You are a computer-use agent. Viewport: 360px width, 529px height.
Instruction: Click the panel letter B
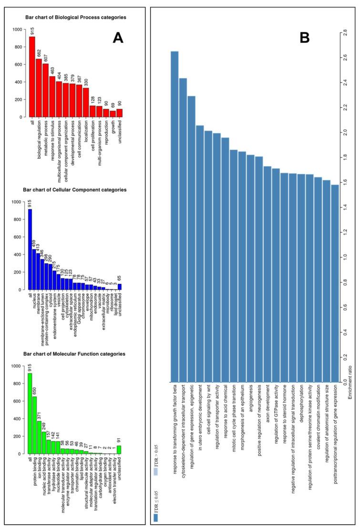(305, 38)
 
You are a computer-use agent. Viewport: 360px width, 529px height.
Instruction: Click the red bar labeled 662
(39, 88)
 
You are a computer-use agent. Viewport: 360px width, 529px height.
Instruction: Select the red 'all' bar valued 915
(32, 76)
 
